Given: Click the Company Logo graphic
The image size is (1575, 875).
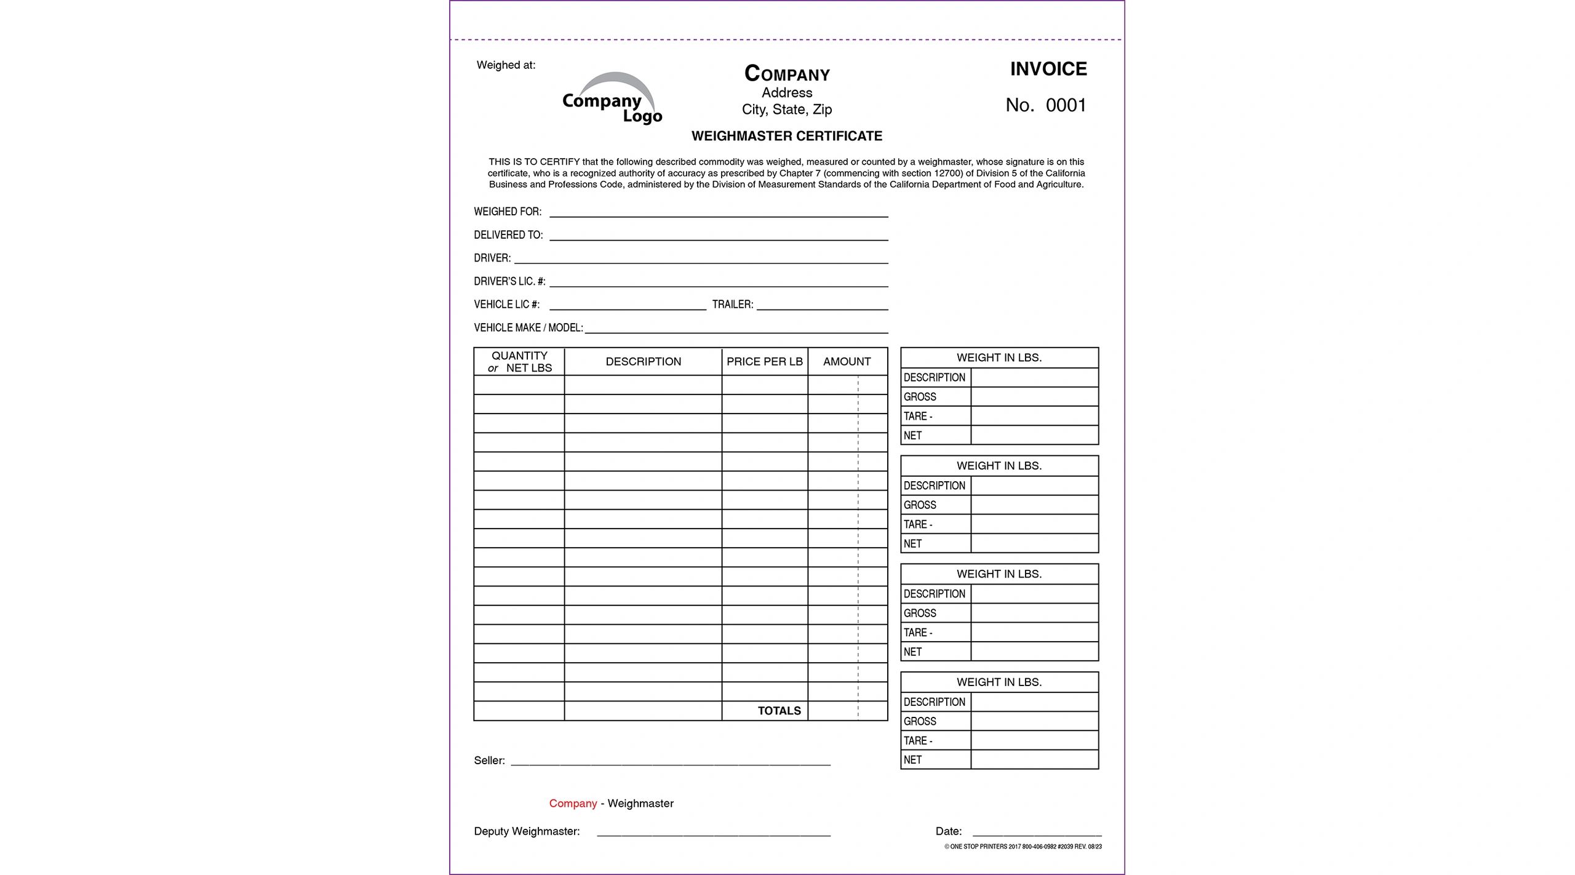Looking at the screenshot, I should [x=612, y=99].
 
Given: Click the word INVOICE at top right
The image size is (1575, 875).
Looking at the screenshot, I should [x=1048, y=69].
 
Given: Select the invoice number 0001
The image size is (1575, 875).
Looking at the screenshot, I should [x=1066, y=105].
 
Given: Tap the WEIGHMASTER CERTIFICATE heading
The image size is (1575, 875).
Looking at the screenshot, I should [x=786, y=136].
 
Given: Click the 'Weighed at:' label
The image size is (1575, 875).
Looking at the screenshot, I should [x=506, y=65].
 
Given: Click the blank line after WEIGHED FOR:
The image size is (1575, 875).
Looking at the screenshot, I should [x=718, y=213].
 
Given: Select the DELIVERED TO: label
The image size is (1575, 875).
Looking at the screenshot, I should [x=508, y=235].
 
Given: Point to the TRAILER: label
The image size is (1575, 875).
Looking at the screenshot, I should [x=732, y=305].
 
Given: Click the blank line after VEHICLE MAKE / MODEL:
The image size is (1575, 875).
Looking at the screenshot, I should [x=736, y=329].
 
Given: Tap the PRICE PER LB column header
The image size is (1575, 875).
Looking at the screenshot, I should [x=764, y=362].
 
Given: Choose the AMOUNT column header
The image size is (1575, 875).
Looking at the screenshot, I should [x=847, y=362].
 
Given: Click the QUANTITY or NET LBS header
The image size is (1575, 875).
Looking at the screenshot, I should [x=519, y=362].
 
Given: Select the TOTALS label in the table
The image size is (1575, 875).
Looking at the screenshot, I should [x=779, y=711].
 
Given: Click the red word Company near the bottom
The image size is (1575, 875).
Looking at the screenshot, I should [x=573, y=804].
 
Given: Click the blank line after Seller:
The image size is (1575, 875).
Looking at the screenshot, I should [x=670, y=762].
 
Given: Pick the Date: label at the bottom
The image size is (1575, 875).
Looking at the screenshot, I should [x=948, y=831].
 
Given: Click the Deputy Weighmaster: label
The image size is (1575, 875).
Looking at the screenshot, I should [x=527, y=831].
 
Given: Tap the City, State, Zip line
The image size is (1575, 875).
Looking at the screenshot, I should [x=786, y=110].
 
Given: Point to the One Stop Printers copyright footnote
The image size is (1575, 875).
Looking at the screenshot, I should [x=1023, y=847].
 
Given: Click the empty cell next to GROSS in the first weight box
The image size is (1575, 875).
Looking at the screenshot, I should [x=1034, y=397].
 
